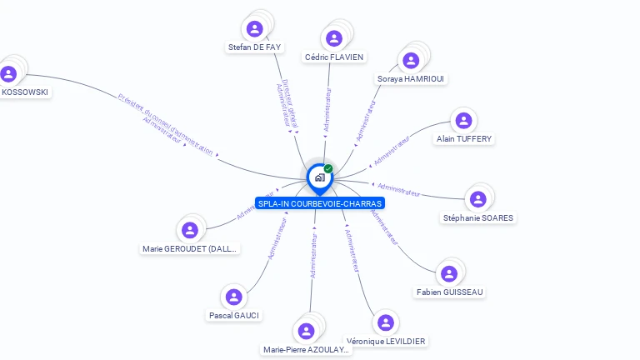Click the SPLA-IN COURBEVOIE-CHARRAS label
[x=320, y=203]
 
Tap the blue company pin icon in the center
[x=319, y=177]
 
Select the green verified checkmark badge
[x=328, y=168]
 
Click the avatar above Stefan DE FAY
[x=255, y=28]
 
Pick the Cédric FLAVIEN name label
[x=334, y=57]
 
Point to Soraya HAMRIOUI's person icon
[x=411, y=60]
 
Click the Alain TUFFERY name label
[x=464, y=139]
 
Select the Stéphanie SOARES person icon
[x=477, y=199]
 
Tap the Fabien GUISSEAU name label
[x=450, y=292]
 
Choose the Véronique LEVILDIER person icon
[x=385, y=322]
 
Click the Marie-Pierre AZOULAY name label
[x=307, y=350]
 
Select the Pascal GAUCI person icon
[x=233, y=297]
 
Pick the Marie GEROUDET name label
[x=190, y=248]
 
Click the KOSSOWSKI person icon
[x=8, y=73]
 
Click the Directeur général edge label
[x=291, y=103]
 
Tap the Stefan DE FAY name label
[x=255, y=47]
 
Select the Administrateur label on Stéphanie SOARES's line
[x=398, y=189]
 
